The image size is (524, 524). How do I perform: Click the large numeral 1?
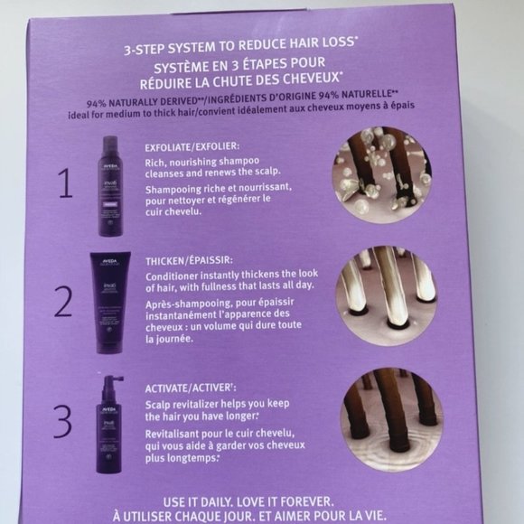[x=64, y=184]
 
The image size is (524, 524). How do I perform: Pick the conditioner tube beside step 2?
[x=110, y=294]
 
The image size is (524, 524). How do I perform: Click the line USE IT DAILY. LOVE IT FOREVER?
[x=262, y=500]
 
